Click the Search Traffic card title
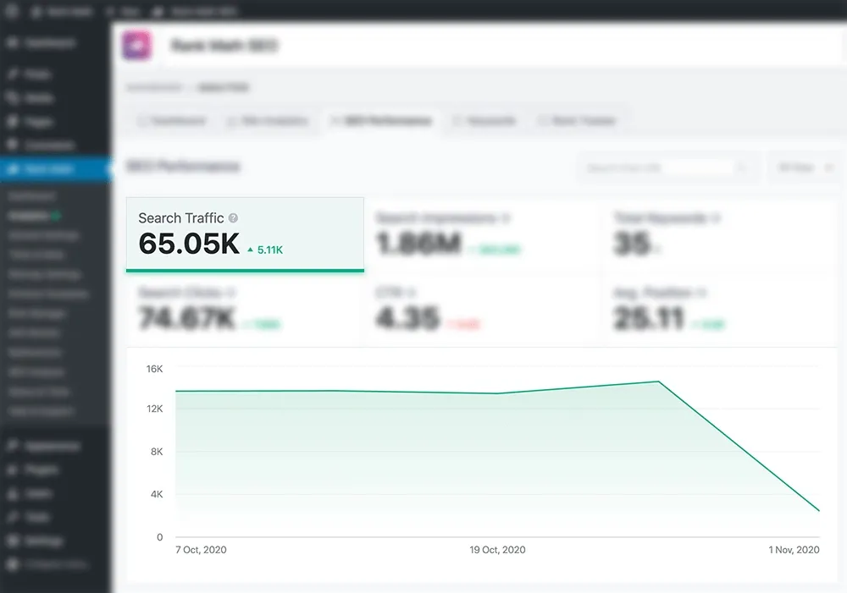(181, 218)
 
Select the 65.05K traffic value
(189, 244)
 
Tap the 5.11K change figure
(270, 250)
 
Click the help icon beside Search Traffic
(233, 218)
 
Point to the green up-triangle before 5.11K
(250, 250)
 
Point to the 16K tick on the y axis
(154, 369)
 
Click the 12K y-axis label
(154, 409)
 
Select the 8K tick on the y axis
(157, 453)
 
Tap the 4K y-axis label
(157, 495)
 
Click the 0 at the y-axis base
(159, 537)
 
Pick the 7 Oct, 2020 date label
(201, 550)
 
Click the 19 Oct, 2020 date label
(497, 550)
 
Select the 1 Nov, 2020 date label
(794, 550)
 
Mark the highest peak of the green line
(659, 382)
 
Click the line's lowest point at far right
(819, 511)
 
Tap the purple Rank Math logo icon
(136, 46)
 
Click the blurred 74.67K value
(187, 320)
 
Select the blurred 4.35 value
(407, 320)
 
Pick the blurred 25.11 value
(649, 320)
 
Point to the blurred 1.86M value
(418, 244)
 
